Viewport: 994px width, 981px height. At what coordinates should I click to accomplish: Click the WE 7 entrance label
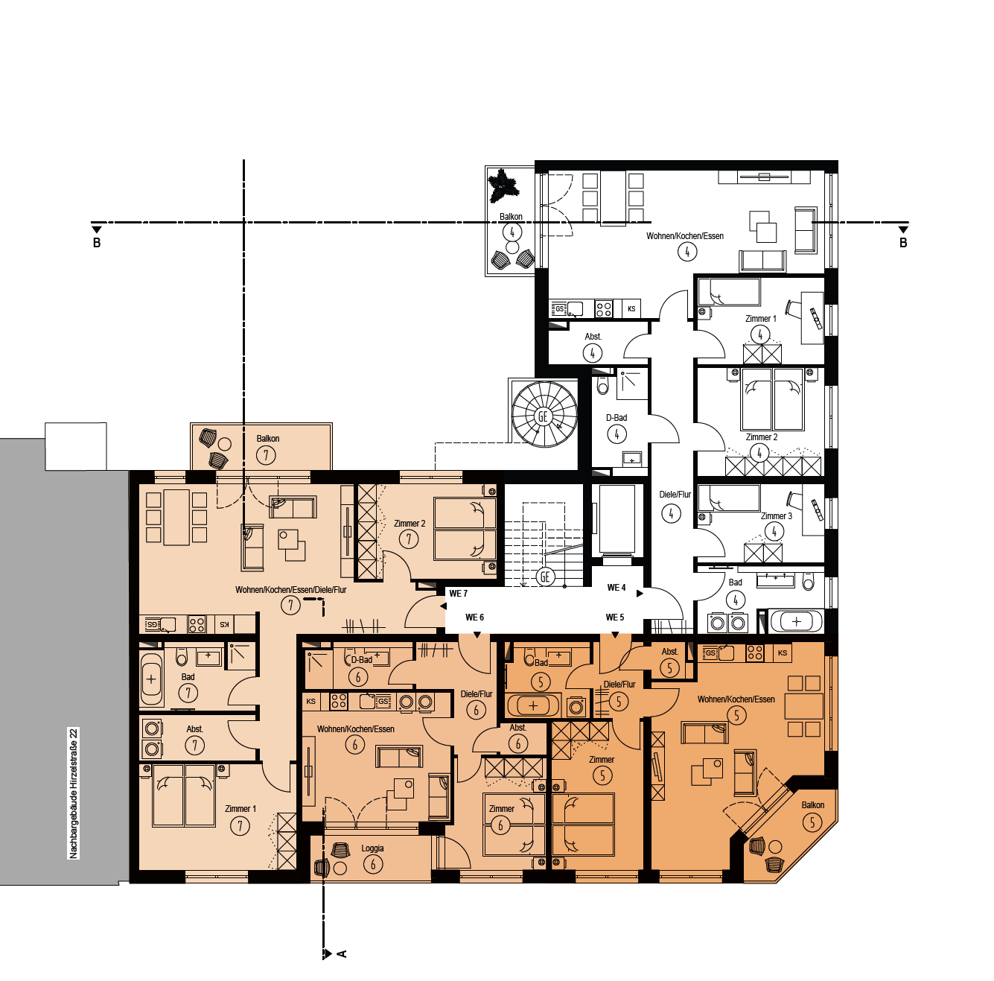(x=458, y=594)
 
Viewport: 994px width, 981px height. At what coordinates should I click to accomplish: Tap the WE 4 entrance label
(x=617, y=587)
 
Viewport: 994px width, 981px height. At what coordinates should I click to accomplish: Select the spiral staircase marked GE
(x=544, y=415)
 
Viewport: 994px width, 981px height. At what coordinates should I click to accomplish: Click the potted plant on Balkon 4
(x=503, y=186)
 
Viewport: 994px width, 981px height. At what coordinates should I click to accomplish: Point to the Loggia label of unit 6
(x=372, y=848)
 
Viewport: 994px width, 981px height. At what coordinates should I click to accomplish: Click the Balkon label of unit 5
(x=813, y=804)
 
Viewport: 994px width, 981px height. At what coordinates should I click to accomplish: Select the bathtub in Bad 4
(x=797, y=622)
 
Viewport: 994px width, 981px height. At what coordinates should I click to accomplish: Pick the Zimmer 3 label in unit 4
(x=777, y=516)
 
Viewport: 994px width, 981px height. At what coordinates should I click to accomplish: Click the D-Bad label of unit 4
(x=617, y=417)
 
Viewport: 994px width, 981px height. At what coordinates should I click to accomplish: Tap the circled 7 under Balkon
(x=266, y=455)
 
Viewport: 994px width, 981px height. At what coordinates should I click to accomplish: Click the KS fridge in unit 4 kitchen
(x=631, y=309)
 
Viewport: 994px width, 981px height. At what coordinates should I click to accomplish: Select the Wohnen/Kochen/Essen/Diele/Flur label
(x=291, y=589)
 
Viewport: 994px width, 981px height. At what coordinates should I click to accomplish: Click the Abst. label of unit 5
(x=669, y=652)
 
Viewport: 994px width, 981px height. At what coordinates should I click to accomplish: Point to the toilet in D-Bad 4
(x=602, y=384)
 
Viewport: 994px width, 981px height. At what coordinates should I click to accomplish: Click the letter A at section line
(x=342, y=953)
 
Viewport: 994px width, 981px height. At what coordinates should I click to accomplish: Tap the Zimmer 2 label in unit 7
(x=410, y=523)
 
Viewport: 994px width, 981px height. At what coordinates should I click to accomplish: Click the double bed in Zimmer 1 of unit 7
(x=184, y=796)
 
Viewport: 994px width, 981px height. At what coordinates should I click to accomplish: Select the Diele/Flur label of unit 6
(x=476, y=694)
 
